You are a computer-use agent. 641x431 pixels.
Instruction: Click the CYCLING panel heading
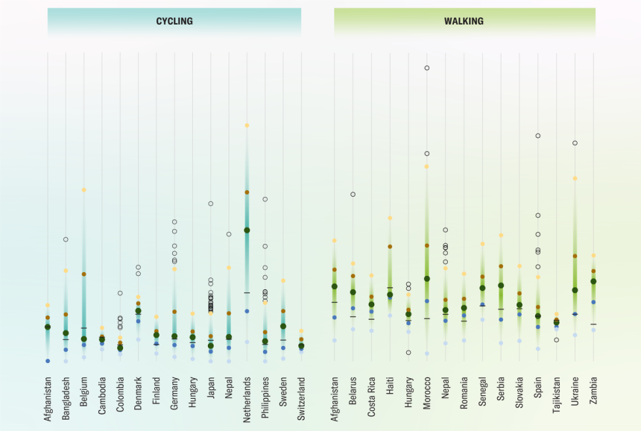(174, 22)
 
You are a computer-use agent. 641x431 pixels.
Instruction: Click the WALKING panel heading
(464, 22)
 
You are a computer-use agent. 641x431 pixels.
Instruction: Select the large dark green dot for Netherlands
(247, 230)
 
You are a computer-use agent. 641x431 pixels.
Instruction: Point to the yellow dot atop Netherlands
(247, 125)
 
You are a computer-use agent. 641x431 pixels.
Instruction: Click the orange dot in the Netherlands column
(247, 192)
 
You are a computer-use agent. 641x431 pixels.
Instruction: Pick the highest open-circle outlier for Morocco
(427, 68)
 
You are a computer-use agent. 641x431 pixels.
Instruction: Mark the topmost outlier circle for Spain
(537, 136)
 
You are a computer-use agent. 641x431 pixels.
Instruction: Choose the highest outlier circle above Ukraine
(575, 142)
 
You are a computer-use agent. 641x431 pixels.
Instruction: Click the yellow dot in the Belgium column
(84, 190)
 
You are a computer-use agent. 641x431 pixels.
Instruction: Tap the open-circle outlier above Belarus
(353, 194)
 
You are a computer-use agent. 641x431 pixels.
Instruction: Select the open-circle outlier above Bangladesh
(66, 239)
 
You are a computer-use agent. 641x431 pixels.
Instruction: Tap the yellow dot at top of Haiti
(390, 218)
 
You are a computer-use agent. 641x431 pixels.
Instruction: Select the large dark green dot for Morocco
(427, 279)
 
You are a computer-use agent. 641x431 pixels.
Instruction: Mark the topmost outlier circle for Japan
(211, 204)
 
